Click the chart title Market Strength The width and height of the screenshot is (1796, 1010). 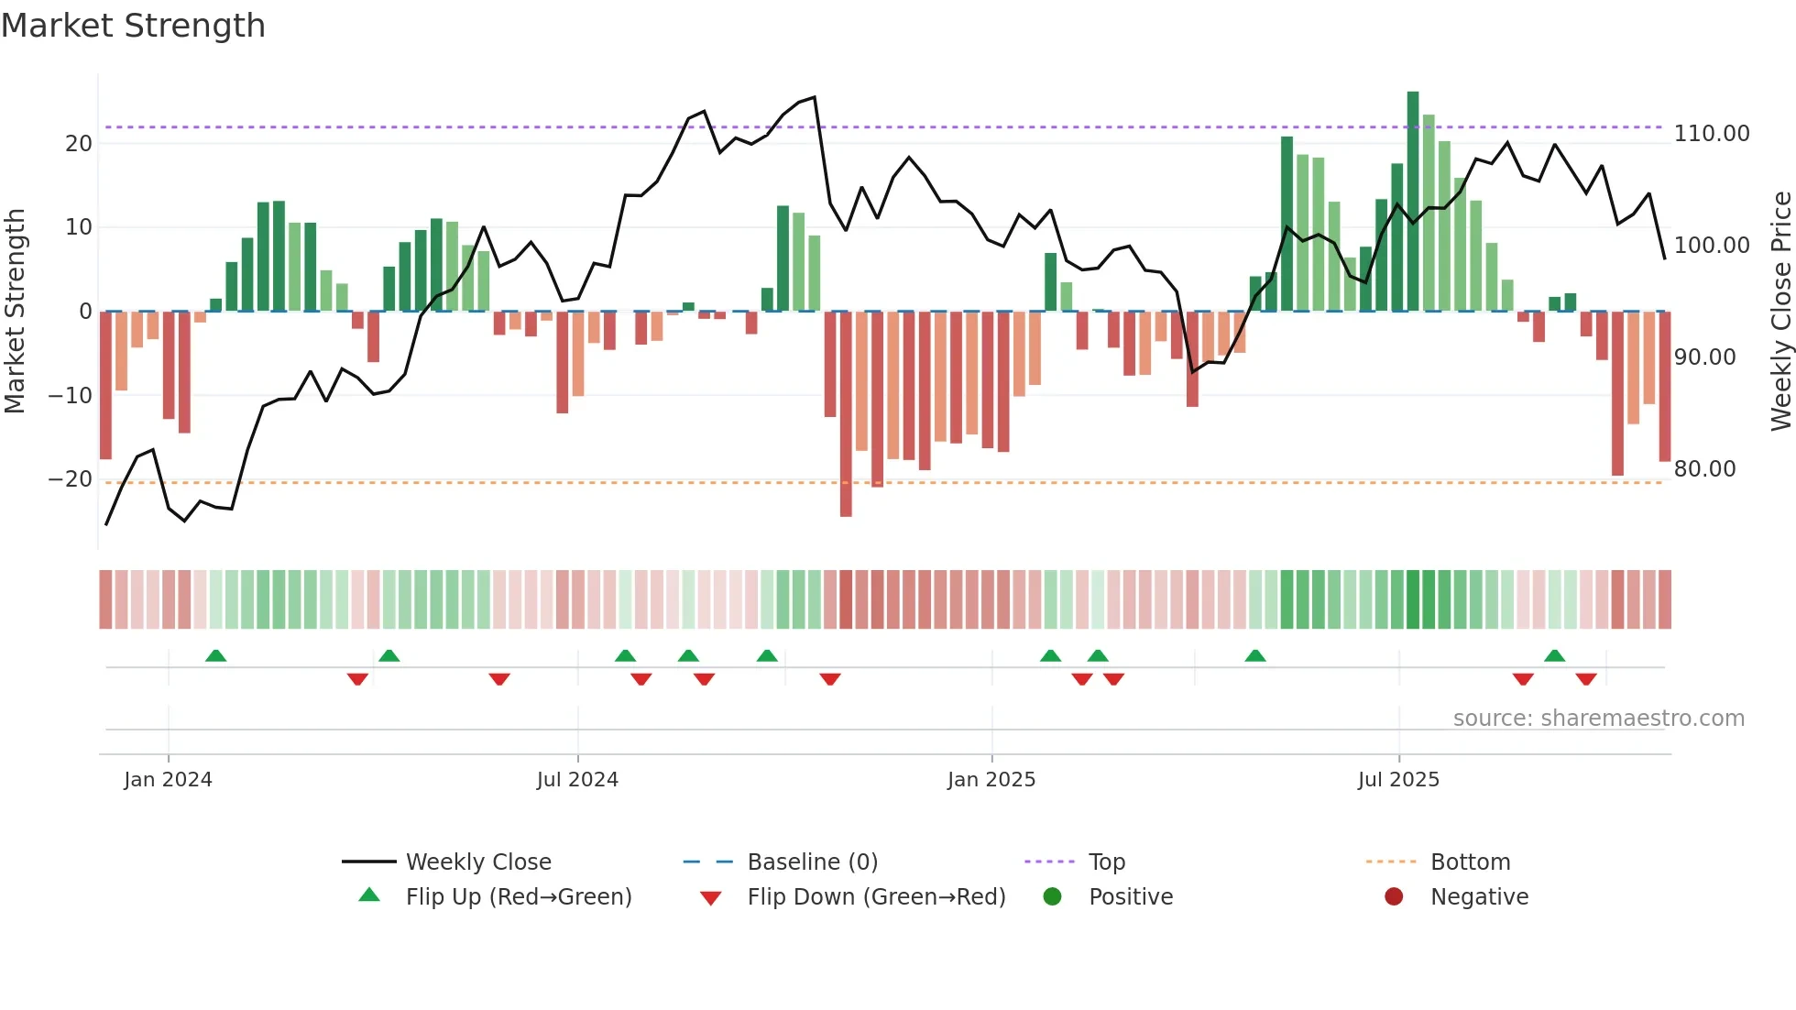[x=133, y=26]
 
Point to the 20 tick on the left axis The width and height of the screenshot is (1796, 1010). [x=79, y=144]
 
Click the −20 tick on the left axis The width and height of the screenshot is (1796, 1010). [x=71, y=479]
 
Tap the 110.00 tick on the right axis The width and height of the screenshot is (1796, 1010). [x=1711, y=134]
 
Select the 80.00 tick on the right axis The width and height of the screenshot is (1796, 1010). [x=1704, y=469]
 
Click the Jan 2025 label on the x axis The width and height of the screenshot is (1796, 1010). [x=991, y=780]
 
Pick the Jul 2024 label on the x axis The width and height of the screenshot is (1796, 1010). [x=577, y=780]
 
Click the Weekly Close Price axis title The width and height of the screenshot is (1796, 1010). [x=1780, y=312]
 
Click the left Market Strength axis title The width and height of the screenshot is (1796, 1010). [x=15, y=312]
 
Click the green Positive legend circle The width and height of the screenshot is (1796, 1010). [x=1052, y=897]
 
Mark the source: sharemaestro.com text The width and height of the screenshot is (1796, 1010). [x=1598, y=719]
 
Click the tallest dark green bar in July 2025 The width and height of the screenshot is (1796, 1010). [x=1413, y=202]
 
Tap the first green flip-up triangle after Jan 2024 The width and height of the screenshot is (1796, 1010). [x=215, y=656]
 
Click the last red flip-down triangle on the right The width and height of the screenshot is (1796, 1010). [x=1586, y=679]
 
